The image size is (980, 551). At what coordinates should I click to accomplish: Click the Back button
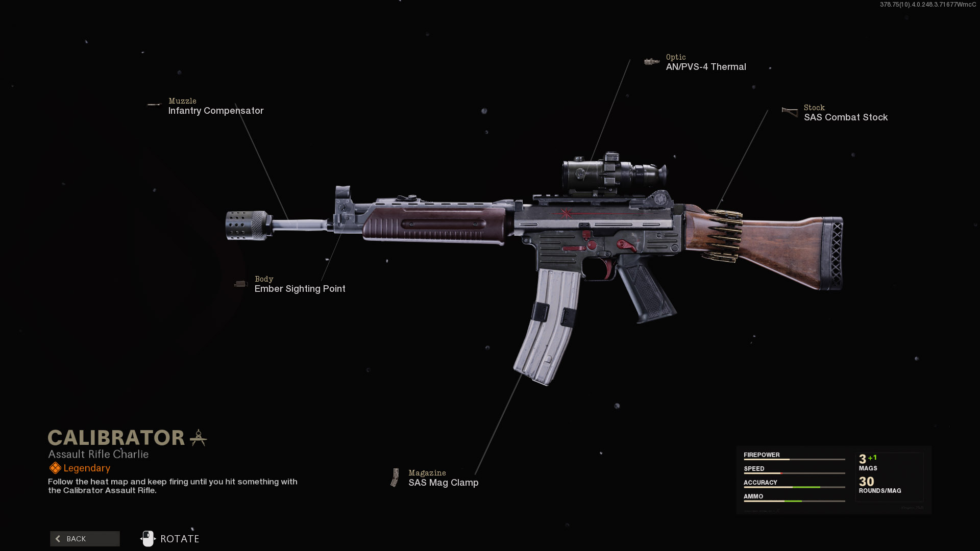click(x=85, y=539)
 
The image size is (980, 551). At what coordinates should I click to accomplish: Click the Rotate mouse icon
click(x=148, y=539)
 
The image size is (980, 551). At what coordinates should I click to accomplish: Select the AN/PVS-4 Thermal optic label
click(x=705, y=67)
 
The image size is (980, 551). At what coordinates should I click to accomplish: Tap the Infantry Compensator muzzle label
click(x=215, y=111)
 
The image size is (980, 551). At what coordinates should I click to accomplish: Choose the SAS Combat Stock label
click(x=845, y=117)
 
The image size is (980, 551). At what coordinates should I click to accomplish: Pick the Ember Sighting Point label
click(x=300, y=289)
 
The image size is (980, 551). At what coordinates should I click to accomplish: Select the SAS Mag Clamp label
click(x=443, y=483)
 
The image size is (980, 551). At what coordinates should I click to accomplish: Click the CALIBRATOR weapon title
click(x=116, y=438)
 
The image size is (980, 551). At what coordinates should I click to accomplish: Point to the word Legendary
click(x=87, y=468)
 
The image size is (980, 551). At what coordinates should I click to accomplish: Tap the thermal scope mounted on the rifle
click(x=612, y=173)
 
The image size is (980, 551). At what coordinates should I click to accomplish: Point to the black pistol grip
click(x=646, y=291)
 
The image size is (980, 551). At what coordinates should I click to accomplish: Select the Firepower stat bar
click(x=794, y=460)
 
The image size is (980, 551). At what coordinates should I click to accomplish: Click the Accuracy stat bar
click(x=794, y=487)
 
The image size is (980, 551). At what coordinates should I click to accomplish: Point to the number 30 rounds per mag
click(x=866, y=482)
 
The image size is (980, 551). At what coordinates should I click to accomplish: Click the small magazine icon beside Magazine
click(x=395, y=478)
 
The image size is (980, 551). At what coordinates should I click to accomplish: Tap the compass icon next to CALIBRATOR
click(x=198, y=438)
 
